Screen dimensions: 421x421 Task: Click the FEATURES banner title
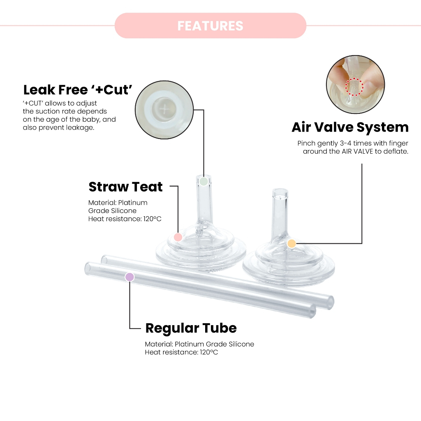(x=210, y=26)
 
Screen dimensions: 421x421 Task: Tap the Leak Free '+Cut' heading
(x=78, y=90)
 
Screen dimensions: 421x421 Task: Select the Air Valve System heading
(x=350, y=127)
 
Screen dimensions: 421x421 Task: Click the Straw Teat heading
(x=125, y=187)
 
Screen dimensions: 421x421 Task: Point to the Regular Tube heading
(x=191, y=328)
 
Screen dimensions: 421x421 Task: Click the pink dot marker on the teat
(x=178, y=237)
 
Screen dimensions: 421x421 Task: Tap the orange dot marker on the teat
(x=291, y=243)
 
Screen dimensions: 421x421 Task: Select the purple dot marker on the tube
(x=130, y=277)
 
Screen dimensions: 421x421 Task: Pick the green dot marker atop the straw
(x=204, y=181)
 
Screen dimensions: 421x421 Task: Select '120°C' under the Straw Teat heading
(x=152, y=219)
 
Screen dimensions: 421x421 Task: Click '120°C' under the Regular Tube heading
(x=209, y=352)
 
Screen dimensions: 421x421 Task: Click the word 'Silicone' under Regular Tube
(x=241, y=344)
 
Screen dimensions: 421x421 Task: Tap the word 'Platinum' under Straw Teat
(x=133, y=203)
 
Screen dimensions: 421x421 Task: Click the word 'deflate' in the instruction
(x=396, y=151)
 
